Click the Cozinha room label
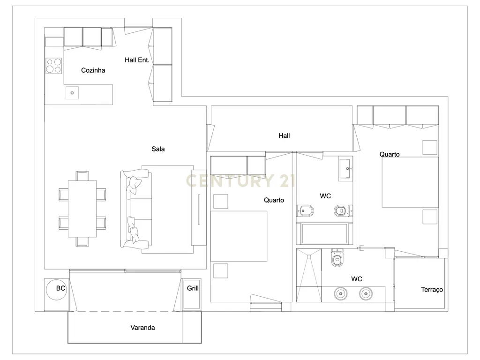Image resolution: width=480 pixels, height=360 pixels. (x=93, y=70)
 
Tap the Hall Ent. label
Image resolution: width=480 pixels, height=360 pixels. (x=137, y=60)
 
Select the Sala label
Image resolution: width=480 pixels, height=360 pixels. (x=158, y=149)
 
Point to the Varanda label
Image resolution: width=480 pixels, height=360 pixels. (x=142, y=328)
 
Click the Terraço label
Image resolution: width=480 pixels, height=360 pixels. (x=432, y=290)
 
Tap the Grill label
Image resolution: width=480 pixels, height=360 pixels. (x=193, y=288)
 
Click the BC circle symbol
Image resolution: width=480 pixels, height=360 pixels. (x=56, y=290)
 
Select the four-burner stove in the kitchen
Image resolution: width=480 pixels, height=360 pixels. (x=53, y=66)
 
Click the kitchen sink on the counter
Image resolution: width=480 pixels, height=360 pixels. (x=72, y=93)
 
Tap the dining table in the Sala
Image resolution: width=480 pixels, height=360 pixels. (x=82, y=209)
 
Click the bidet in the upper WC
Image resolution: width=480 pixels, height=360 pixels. (x=305, y=210)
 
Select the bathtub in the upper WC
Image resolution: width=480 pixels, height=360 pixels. (x=324, y=234)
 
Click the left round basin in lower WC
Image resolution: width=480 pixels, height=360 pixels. (x=340, y=294)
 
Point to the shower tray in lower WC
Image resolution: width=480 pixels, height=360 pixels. (x=309, y=276)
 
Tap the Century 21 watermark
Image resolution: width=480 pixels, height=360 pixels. (x=240, y=180)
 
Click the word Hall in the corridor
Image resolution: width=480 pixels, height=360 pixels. (x=284, y=135)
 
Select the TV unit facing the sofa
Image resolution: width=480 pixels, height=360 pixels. (x=199, y=208)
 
